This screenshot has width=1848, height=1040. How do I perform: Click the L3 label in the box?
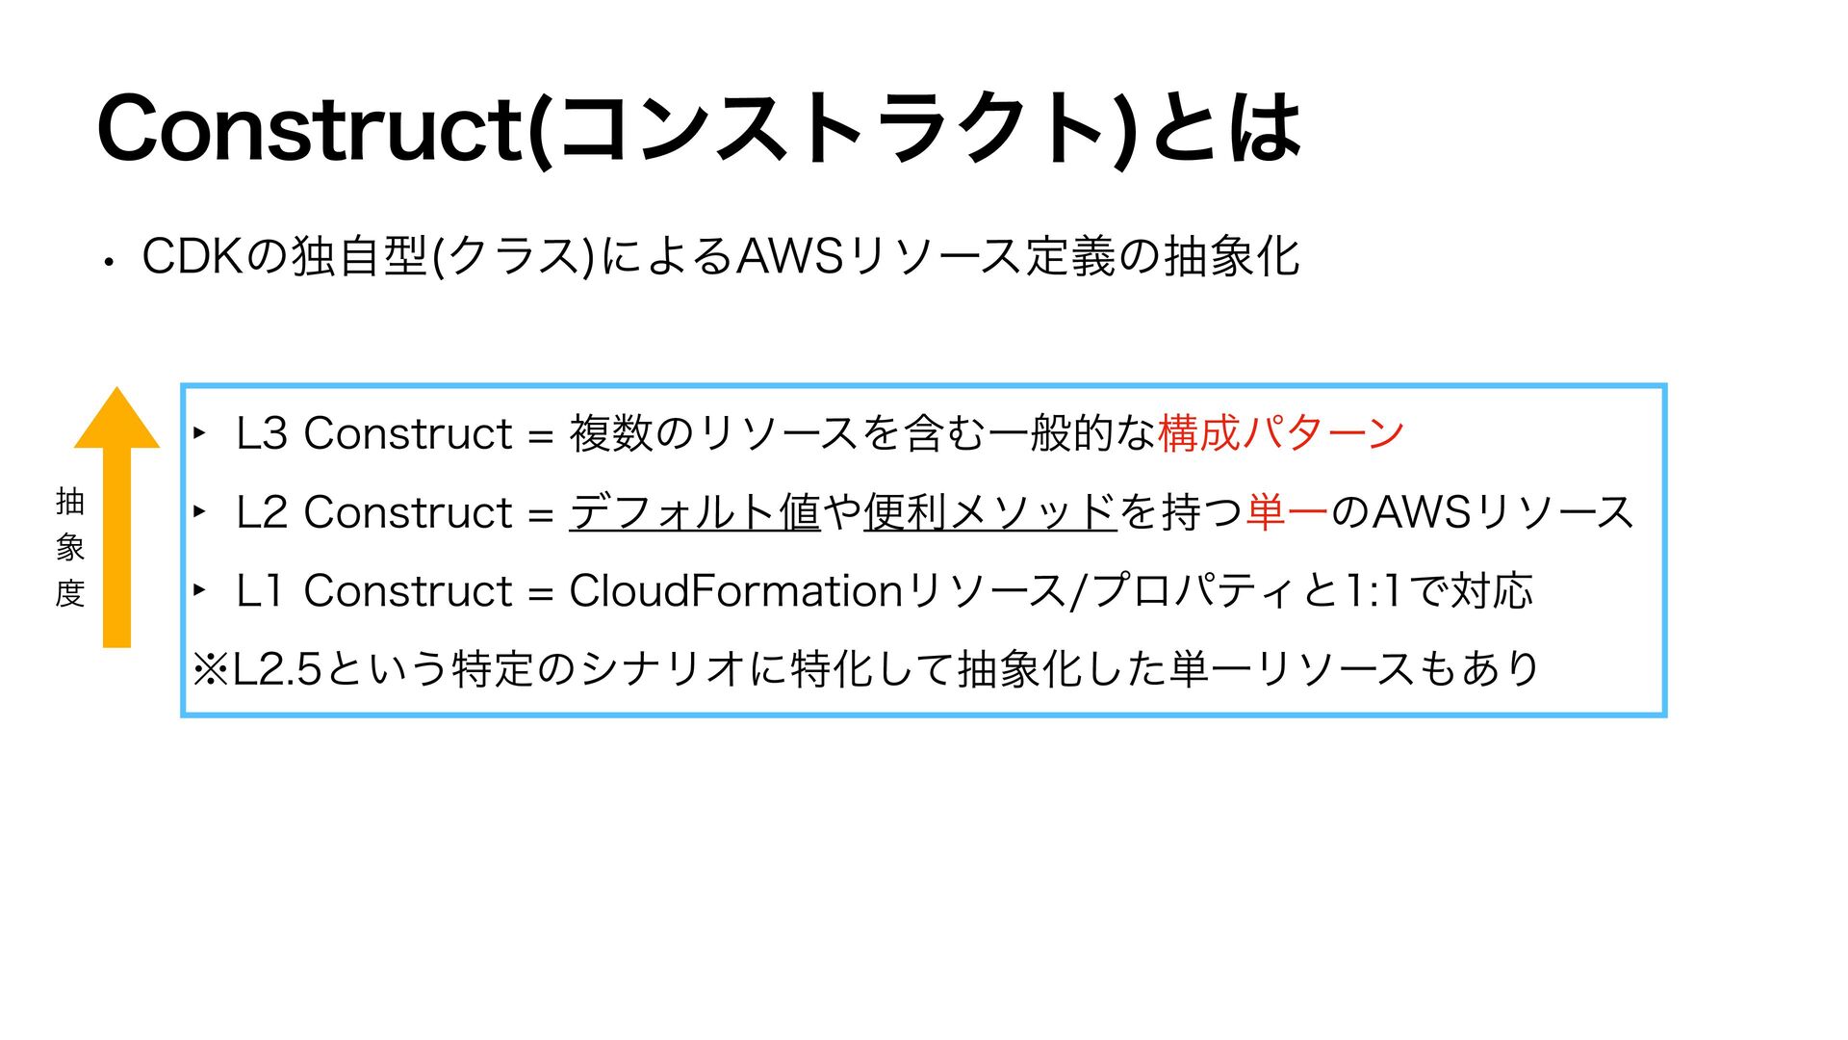click(x=261, y=433)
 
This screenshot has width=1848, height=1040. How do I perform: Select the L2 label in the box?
click(x=261, y=512)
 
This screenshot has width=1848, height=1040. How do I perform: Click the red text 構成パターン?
click(x=1280, y=433)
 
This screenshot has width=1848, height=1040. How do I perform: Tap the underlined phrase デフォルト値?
click(x=694, y=512)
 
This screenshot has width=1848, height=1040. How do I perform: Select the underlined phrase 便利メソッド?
click(x=989, y=512)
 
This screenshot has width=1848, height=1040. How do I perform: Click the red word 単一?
click(x=1287, y=512)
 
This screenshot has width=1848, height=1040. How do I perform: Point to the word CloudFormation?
click(x=735, y=590)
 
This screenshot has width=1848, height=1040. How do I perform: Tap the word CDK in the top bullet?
click(x=192, y=257)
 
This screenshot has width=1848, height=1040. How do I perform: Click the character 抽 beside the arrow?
click(x=70, y=502)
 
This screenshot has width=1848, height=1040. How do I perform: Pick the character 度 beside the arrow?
click(x=70, y=593)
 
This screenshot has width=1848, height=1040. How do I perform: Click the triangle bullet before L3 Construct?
click(x=199, y=433)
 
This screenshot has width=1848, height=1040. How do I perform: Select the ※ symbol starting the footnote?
click(x=209, y=669)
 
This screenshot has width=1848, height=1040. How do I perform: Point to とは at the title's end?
click(x=1225, y=128)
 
